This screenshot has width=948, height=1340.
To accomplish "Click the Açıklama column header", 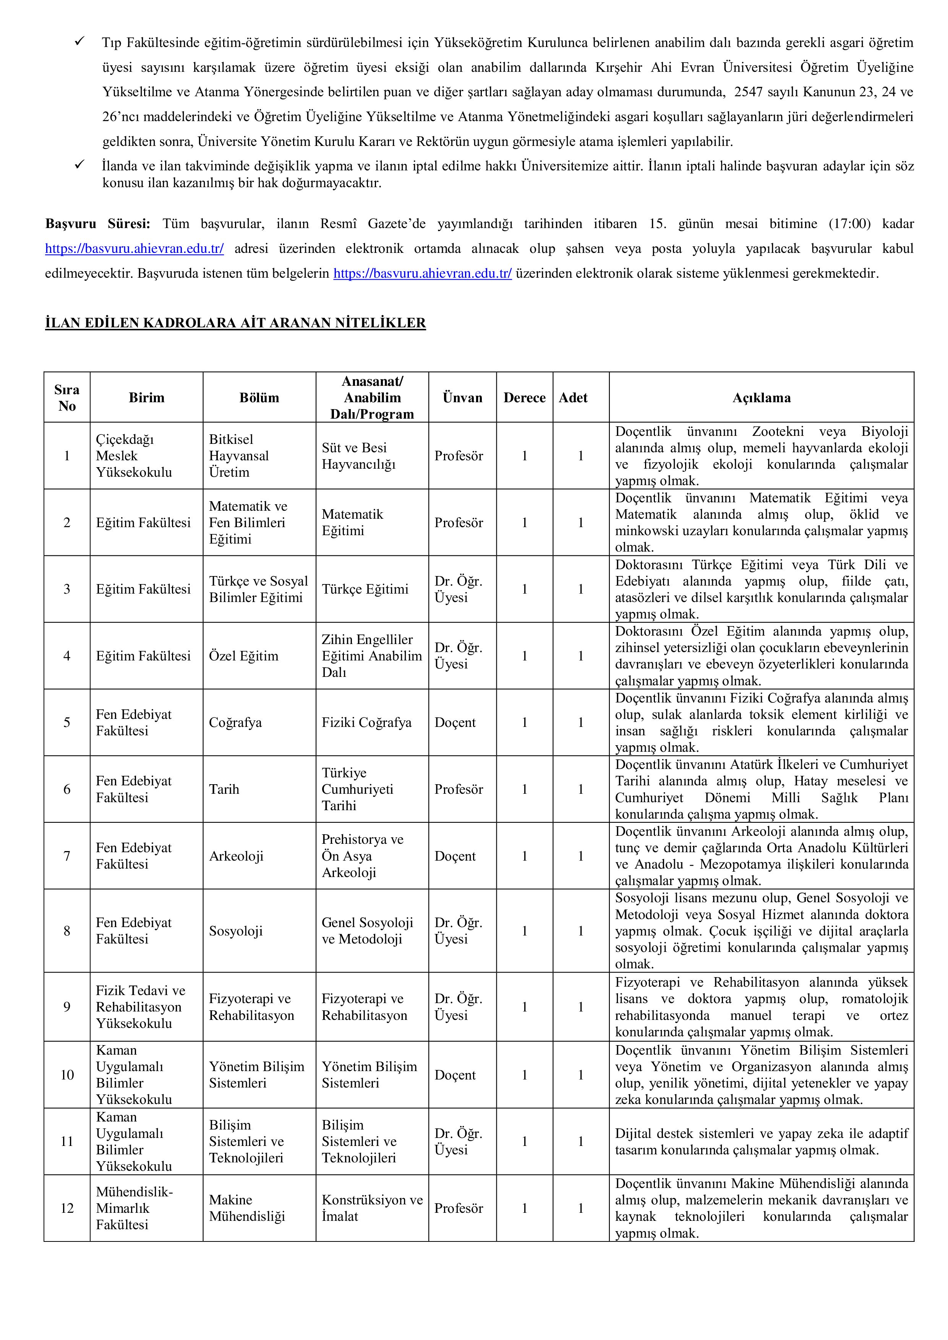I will pos(761,397).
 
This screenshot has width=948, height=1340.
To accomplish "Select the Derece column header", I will pos(524,397).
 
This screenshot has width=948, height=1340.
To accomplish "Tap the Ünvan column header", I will pos(462,397).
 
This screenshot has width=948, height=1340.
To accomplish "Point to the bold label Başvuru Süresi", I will pos(97,223).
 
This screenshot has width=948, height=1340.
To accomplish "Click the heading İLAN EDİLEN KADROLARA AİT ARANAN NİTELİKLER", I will pos(235,323).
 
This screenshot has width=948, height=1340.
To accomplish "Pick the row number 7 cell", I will pos(66,856).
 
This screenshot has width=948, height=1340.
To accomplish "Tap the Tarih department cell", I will pos(224,789).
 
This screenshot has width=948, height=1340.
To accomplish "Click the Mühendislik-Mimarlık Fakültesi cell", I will pos(134,1208).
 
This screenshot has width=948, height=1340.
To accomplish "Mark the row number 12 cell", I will pos(66,1208).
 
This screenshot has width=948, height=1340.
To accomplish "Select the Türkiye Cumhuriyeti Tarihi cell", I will pos(357,789).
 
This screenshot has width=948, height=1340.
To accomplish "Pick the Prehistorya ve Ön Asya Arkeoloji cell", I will pos(363,856).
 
